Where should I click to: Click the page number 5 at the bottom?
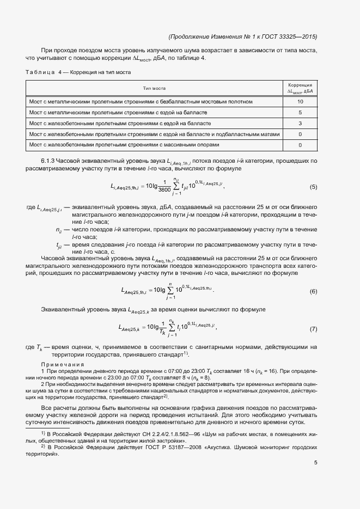pos(315,463)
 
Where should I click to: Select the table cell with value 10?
pos(300,102)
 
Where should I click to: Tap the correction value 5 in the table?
pos(300,113)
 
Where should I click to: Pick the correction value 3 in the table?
pos(300,124)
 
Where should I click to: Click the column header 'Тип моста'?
pos(154,88)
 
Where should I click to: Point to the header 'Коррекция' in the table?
pos(300,85)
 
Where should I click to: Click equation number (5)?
pos(313,187)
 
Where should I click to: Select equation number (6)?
pos(313,291)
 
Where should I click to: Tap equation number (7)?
pos(313,329)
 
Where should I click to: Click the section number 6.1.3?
pos(49,161)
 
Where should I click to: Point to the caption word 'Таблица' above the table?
pos(40,72)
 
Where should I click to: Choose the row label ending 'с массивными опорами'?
pos(124,145)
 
